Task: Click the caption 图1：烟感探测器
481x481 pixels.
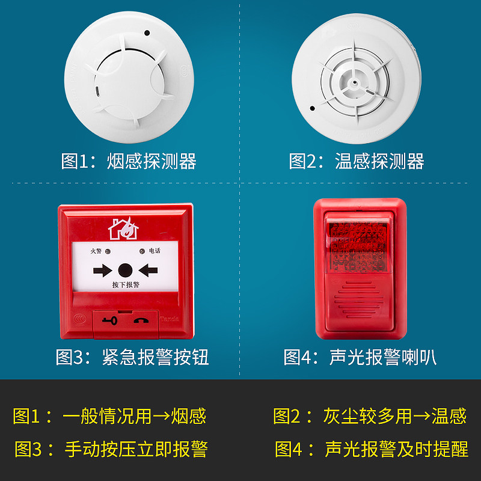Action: pos(129,161)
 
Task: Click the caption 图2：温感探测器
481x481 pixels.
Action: pos(357,161)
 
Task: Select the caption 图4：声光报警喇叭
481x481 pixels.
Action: pos(360,357)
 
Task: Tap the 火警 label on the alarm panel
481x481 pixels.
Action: pos(96,251)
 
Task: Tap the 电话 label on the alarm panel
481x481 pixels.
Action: pos(155,251)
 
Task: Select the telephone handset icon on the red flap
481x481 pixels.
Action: pos(142,320)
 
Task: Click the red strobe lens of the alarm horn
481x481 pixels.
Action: pos(360,247)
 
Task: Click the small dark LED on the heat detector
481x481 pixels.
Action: pos(312,109)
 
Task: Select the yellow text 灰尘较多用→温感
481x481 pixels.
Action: pos(394,415)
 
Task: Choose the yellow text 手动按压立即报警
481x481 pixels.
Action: pos(136,449)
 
